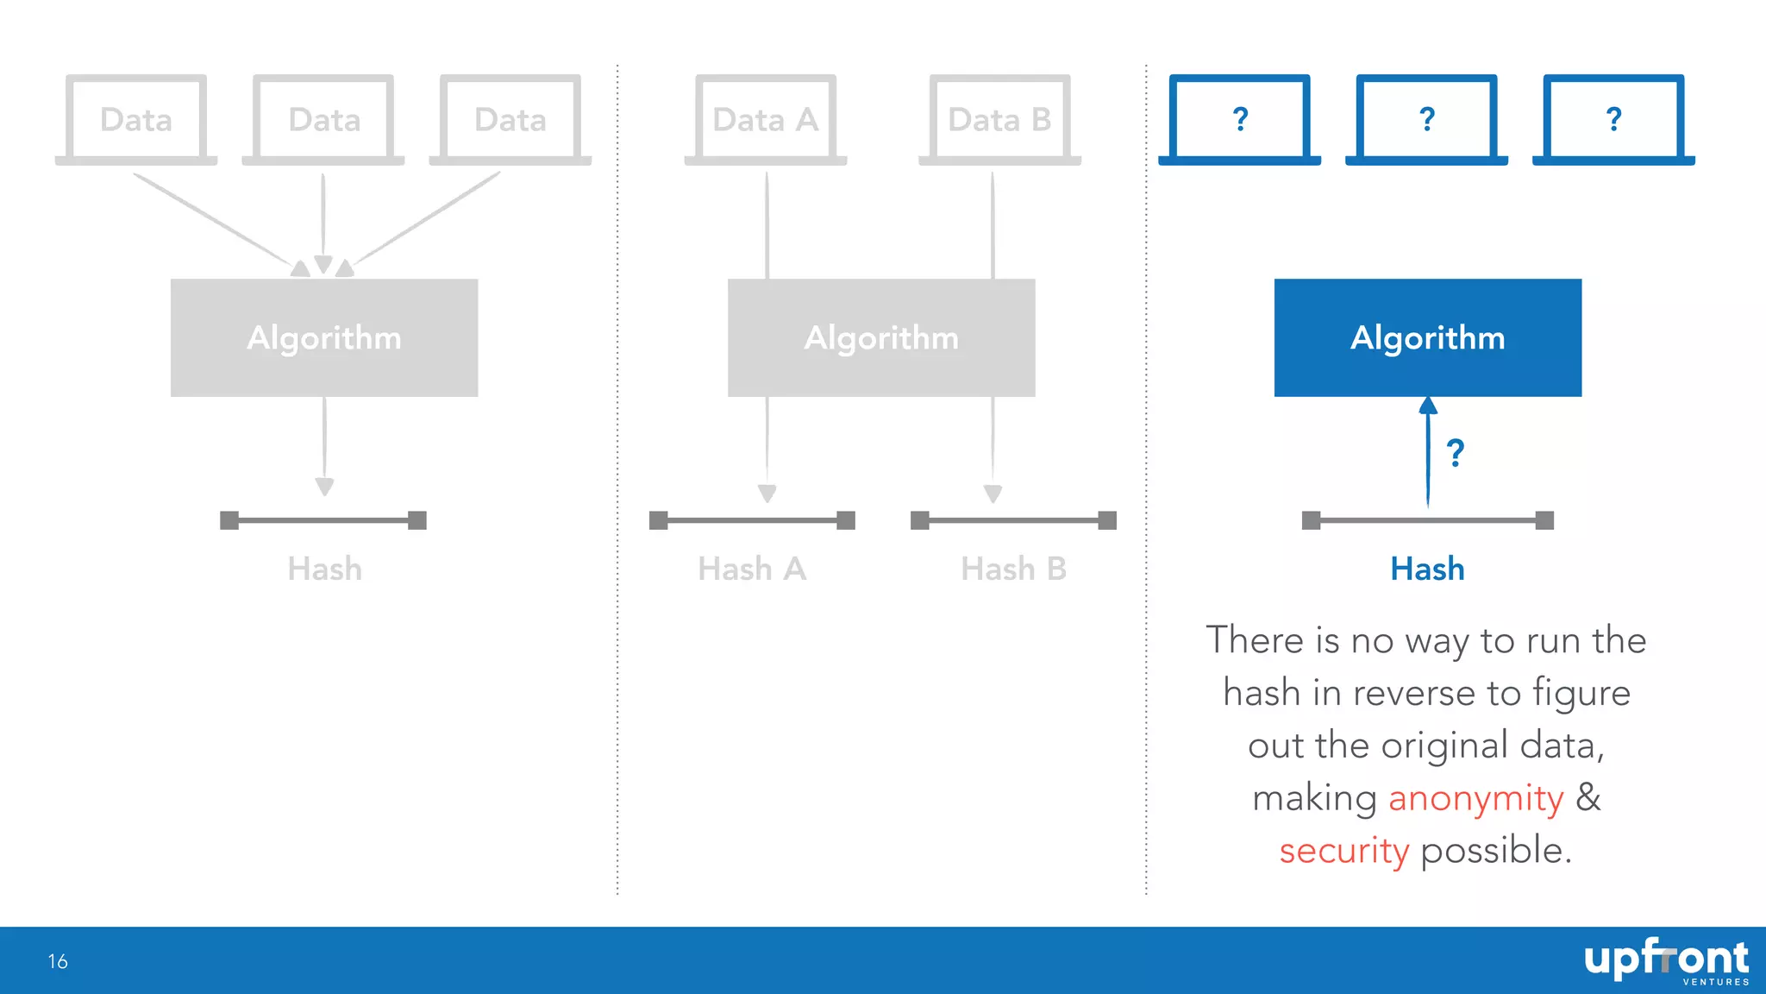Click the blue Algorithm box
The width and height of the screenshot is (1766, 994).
(1427, 337)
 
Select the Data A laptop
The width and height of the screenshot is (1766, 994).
(766, 119)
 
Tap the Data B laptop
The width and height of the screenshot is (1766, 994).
(999, 119)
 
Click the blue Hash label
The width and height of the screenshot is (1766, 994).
(1427, 569)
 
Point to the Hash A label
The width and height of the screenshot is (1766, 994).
(752, 569)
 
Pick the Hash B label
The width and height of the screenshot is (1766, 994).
(1014, 569)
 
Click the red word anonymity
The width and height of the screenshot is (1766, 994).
(1475, 798)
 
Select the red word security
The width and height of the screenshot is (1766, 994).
(1343, 851)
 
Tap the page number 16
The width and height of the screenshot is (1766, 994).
(58, 961)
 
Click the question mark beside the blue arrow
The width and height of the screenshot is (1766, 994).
(1456, 453)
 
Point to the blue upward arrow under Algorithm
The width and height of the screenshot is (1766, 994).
(1428, 453)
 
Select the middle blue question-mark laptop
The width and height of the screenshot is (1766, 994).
(1426, 119)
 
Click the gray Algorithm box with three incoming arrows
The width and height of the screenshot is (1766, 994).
(324, 337)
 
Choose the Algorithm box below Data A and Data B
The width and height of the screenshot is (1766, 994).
(881, 337)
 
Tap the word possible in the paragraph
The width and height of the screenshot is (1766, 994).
(1496, 851)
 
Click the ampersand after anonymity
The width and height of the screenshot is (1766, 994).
(1588, 798)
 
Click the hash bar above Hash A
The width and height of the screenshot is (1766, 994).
(752, 520)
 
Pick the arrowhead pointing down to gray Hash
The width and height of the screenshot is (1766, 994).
(324, 488)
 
